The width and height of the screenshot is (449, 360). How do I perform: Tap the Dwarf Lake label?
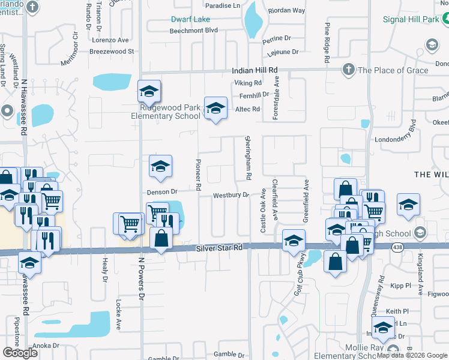(x=190, y=19)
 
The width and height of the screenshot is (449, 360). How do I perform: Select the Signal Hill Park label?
(x=411, y=19)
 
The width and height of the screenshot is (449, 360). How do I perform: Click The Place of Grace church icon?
(x=348, y=70)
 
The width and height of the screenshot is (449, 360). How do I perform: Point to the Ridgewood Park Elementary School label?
(x=166, y=112)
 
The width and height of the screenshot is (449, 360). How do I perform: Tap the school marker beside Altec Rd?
(x=215, y=109)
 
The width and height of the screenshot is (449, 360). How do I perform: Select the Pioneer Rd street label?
(x=198, y=175)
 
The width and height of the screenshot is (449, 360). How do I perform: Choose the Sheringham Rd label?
(x=247, y=158)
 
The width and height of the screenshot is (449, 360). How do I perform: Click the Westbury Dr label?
(x=231, y=196)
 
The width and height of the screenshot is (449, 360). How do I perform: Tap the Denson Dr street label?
(x=163, y=192)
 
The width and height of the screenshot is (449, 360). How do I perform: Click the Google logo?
(x=20, y=353)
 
